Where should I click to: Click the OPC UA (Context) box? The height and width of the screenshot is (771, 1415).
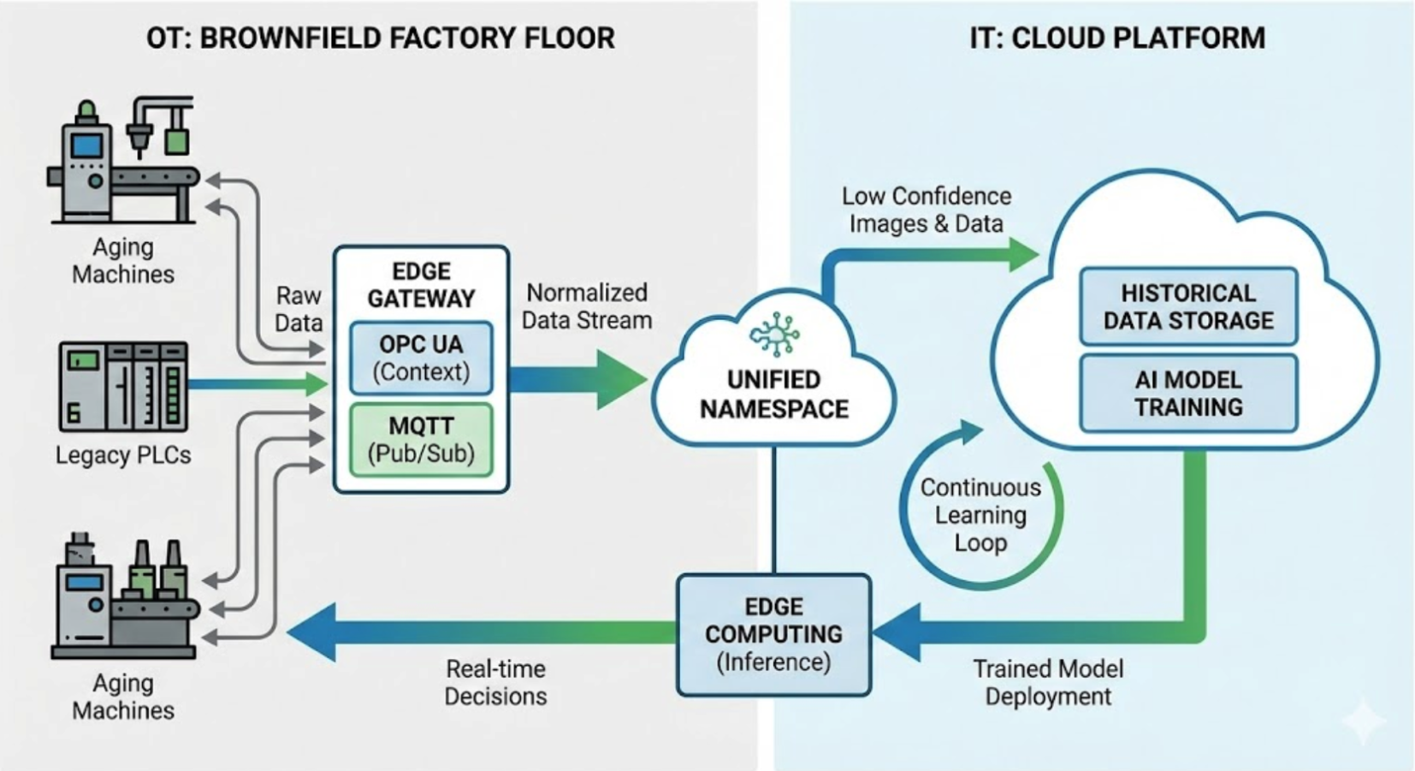421,358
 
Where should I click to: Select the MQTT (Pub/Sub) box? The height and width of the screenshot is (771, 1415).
421,439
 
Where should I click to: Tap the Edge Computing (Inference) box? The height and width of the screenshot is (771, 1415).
773,634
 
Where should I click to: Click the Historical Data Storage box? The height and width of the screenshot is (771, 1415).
1188,306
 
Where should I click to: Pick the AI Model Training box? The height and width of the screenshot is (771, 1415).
1188,394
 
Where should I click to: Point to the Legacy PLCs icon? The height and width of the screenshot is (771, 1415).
123,386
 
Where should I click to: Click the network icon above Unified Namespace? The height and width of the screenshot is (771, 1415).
774,333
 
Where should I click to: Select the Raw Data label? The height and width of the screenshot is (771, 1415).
299,309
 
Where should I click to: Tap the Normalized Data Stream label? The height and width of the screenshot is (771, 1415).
587,306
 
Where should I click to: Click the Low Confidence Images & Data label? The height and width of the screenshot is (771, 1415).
926,210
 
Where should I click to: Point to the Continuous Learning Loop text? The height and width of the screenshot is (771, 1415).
980,515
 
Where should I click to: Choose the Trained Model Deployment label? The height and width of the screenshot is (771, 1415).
1048,682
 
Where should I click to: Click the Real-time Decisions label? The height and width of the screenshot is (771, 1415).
495,682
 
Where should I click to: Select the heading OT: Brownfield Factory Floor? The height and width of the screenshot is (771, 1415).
380,39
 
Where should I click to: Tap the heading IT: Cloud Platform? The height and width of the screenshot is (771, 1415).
1116,39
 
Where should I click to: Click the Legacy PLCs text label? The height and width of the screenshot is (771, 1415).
123,455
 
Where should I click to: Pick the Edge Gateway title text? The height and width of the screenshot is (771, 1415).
421,285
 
